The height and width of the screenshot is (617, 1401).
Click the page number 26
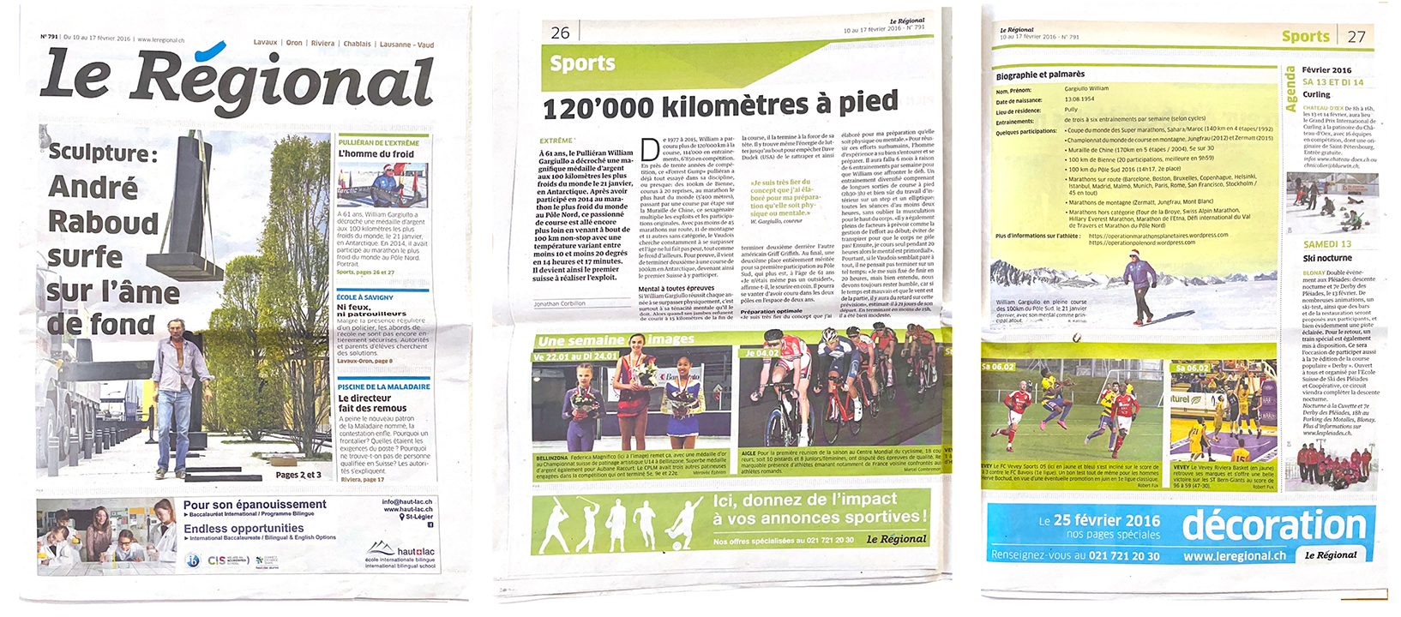(560, 33)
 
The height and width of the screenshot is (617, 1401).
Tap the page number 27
(1356, 37)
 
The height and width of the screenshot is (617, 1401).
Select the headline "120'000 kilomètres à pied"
(720, 105)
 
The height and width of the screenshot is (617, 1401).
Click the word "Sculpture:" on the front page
(103, 153)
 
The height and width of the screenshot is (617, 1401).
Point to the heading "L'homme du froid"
(376, 154)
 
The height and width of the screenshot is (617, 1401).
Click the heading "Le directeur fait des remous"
(372, 404)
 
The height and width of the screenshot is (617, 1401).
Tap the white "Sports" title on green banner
(582, 63)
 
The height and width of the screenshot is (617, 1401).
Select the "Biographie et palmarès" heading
(1040, 75)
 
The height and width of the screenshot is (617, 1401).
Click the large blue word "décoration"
(1274, 524)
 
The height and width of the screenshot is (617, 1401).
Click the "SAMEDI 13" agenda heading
(1327, 244)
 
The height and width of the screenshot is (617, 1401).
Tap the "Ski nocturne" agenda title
(1327, 258)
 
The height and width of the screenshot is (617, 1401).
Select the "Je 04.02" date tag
(761, 352)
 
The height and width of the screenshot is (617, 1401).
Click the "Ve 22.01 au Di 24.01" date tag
(574, 356)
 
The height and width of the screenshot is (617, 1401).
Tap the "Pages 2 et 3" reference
(298, 475)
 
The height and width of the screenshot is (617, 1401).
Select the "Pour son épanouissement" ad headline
(255, 505)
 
